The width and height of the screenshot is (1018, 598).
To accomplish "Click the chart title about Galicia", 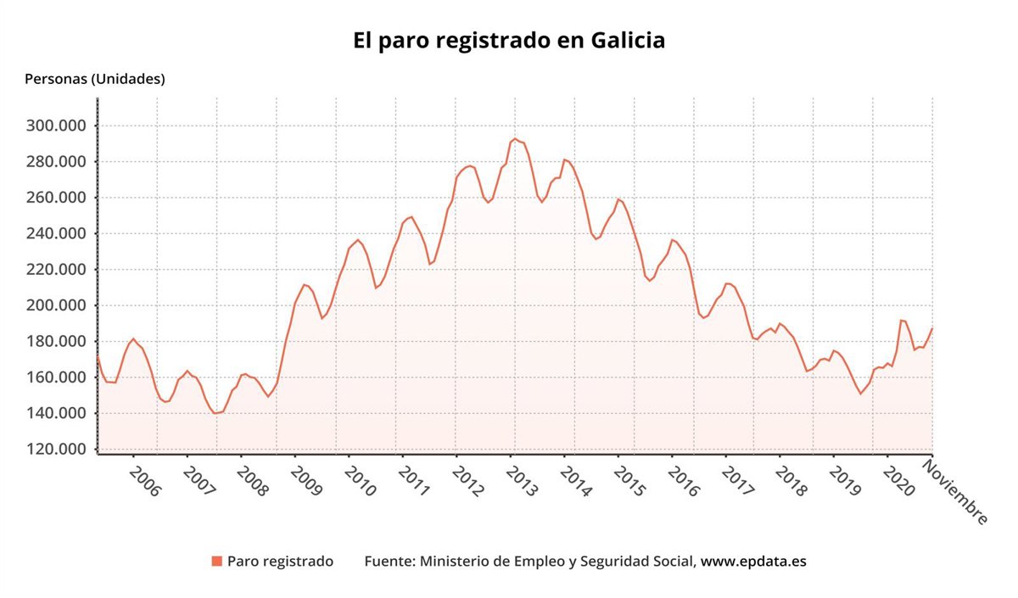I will click(x=509, y=41).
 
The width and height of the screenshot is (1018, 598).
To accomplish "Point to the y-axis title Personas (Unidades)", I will click(x=95, y=79).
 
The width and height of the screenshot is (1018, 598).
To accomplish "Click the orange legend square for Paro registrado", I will click(x=217, y=562).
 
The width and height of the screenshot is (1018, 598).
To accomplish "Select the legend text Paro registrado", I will click(x=280, y=562).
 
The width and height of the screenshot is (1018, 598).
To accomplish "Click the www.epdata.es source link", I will click(x=753, y=562).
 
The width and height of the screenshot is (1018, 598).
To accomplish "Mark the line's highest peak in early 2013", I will click(x=515, y=138).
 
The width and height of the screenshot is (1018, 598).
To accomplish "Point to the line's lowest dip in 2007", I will click(x=215, y=413).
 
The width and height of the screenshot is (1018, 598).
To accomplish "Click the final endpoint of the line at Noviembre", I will click(x=932, y=328).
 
